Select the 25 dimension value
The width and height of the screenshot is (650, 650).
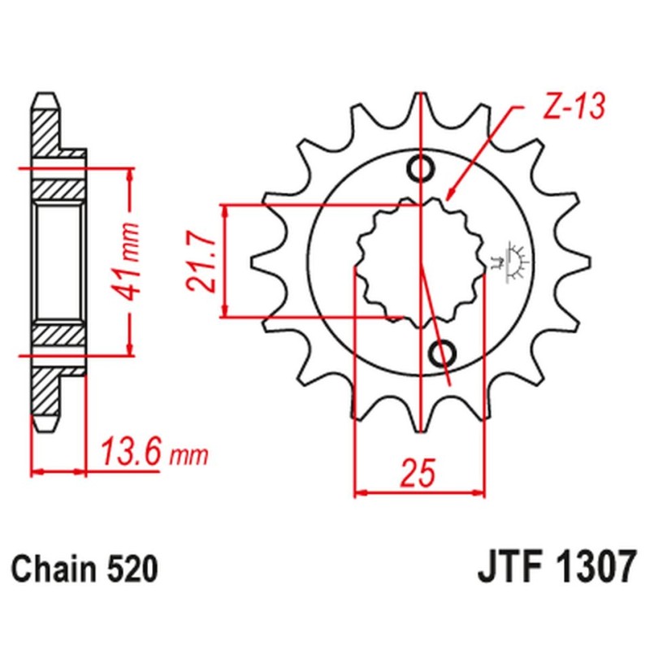click(x=419, y=473)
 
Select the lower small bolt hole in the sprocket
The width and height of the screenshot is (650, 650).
click(x=444, y=353)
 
